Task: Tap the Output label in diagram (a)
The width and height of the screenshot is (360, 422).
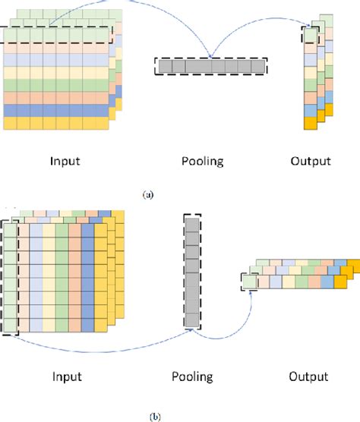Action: click(x=310, y=162)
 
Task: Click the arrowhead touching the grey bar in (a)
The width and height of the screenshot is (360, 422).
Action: click(x=210, y=55)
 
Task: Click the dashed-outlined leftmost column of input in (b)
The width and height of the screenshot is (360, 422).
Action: click(x=10, y=277)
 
